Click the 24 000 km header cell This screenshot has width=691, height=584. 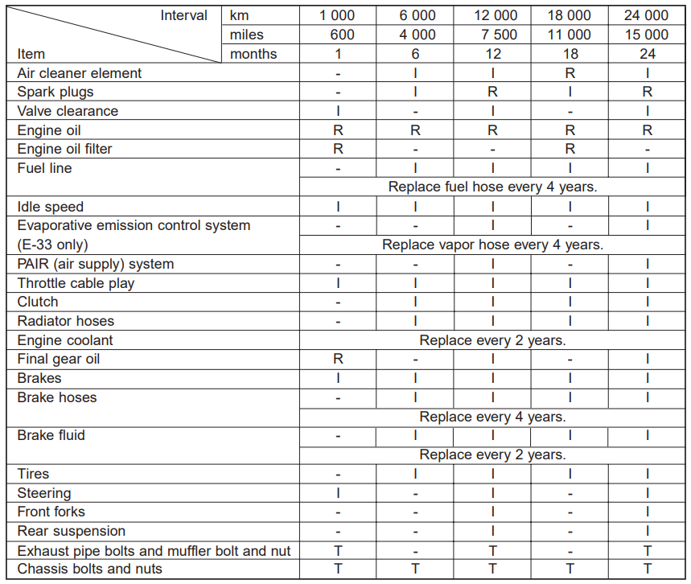[x=646, y=15]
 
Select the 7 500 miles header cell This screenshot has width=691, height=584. [x=492, y=35]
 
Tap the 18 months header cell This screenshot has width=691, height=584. [x=570, y=54]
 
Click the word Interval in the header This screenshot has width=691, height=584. [x=183, y=15]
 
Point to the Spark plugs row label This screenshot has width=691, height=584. [x=56, y=92]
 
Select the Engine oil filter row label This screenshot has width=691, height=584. [x=65, y=149]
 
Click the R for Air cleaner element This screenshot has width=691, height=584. [x=570, y=73]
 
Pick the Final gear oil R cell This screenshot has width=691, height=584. [x=338, y=359]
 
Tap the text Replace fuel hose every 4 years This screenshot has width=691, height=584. [x=492, y=187]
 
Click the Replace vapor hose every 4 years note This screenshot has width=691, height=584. [x=492, y=245]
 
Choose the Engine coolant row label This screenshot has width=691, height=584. [x=65, y=340]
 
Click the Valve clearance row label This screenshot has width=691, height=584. [x=68, y=111]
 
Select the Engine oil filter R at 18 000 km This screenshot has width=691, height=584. [x=570, y=149]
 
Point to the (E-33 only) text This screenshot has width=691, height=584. [x=53, y=245]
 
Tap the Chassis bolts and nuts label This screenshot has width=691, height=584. [x=89, y=569]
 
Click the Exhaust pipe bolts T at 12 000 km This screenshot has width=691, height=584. [x=492, y=550]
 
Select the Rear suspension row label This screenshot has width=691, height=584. [x=72, y=531]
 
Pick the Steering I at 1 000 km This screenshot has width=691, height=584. [x=338, y=493]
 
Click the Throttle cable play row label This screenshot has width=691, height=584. [x=76, y=283]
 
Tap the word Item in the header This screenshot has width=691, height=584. [x=31, y=54]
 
